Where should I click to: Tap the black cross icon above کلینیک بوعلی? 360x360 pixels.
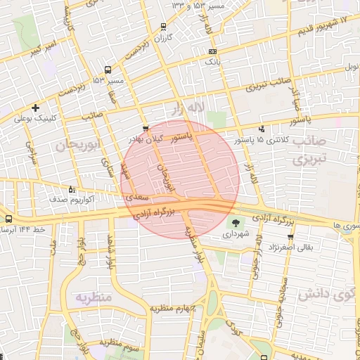[35, 108]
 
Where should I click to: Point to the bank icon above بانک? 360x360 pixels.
[213, 51]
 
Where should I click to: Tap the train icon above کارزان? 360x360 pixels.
[164, 27]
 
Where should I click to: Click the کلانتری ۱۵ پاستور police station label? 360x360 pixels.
[282, 139]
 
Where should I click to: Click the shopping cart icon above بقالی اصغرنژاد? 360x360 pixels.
[290, 236]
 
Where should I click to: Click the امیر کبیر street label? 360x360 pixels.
[43, 49]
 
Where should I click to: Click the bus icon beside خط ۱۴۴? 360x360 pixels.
[8, 219]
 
